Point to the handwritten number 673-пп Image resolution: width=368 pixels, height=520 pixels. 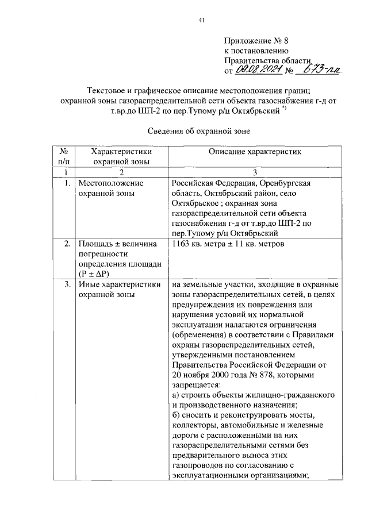pyautogui.click(x=322, y=70)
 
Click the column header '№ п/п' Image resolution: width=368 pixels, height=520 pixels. pyautogui.click(x=65, y=156)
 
